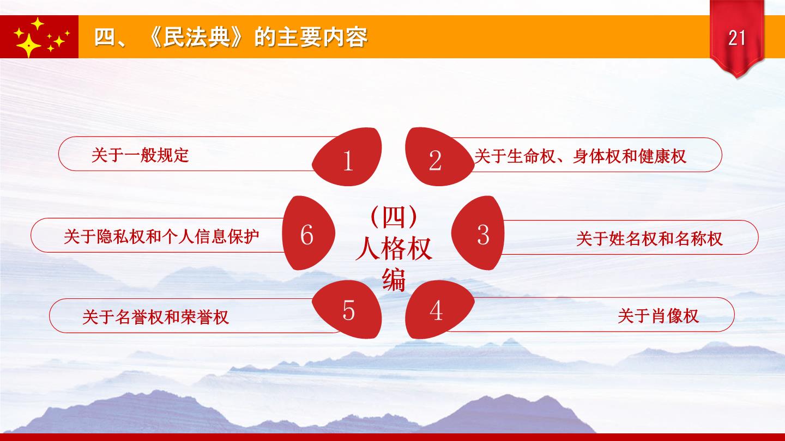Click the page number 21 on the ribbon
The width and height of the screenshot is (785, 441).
[736, 38]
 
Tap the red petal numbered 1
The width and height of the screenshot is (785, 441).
[347, 157]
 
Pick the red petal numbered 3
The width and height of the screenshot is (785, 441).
[478, 233]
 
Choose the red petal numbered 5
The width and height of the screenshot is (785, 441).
[347, 309]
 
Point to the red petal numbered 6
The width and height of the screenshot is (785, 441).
[309, 233]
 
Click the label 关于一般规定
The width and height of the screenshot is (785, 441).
[140, 155]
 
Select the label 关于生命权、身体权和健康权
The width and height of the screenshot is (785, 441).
[580, 156]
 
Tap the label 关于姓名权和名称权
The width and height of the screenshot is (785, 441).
[649, 238]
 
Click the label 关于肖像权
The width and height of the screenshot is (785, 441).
[658, 316]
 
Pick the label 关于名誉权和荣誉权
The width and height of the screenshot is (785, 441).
[155, 317]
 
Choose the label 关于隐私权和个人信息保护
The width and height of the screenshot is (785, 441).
[161, 237]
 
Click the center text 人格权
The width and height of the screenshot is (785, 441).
[394, 248]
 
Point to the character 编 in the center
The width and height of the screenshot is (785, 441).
[394, 280]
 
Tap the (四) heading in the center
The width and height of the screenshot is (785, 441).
[394, 217]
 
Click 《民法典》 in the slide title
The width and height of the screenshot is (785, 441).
[195, 37]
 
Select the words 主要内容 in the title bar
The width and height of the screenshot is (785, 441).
[322, 37]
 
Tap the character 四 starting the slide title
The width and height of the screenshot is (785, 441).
[105, 37]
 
